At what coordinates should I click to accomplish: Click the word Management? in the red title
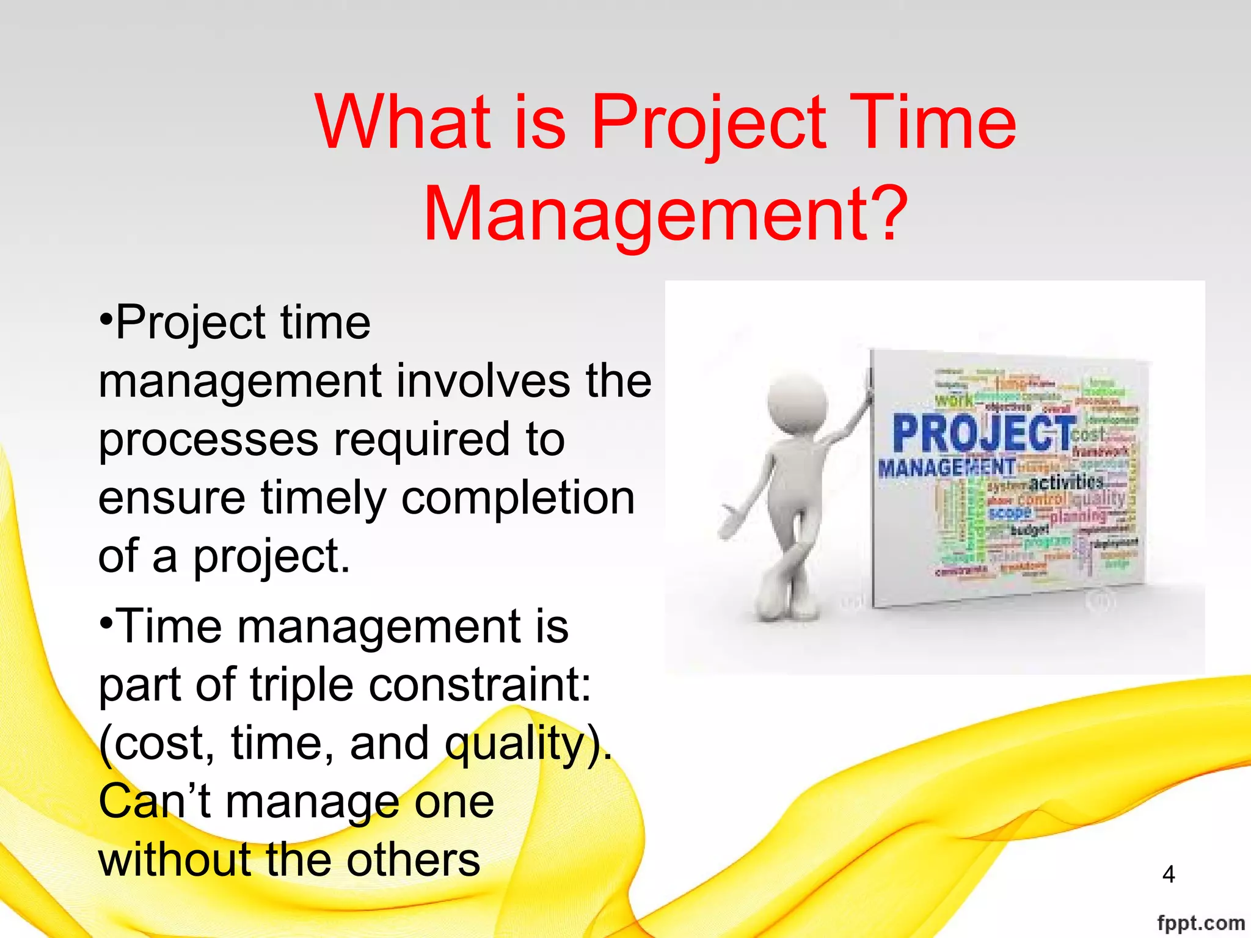pyautogui.click(x=666, y=214)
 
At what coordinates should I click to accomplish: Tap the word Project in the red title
pyautogui.click(x=709, y=122)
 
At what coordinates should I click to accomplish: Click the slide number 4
pyautogui.click(x=1169, y=874)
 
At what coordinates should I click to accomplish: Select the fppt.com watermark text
pyautogui.click(x=1201, y=923)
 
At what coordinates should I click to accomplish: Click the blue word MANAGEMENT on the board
pyautogui.click(x=946, y=468)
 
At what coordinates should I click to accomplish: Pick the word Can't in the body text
pyautogui.click(x=155, y=801)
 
